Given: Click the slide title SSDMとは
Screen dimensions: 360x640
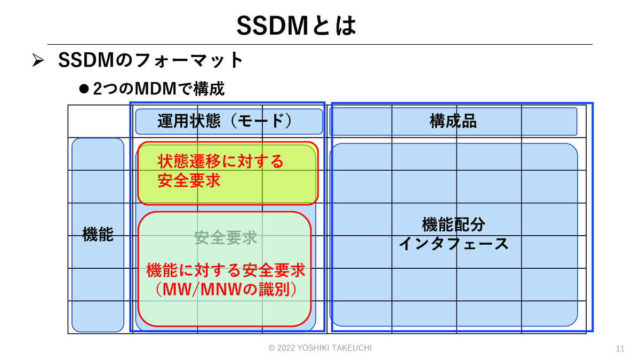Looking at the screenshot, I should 296,25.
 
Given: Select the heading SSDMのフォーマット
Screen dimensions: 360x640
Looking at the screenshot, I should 151,60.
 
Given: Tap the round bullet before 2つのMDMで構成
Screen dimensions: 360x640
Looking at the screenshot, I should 83,88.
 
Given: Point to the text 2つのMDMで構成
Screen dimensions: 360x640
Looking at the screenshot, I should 158,89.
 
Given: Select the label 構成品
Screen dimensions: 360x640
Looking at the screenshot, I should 453,122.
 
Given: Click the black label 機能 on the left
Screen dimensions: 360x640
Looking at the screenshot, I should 98,234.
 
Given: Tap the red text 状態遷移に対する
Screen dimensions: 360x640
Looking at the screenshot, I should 220,161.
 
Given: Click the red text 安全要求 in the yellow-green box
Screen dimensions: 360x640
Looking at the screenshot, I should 189,180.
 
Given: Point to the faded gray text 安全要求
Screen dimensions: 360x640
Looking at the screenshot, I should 226,238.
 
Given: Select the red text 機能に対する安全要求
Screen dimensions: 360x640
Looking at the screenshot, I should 226,271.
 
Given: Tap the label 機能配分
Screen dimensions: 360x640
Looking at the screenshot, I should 453,225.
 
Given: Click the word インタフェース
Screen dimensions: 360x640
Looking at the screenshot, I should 453,244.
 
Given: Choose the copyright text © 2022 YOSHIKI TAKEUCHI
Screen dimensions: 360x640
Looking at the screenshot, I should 320,348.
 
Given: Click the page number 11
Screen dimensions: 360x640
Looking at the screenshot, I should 620,349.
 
